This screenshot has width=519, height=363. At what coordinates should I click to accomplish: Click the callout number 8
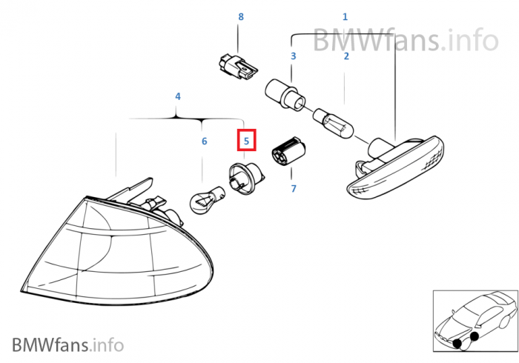pyautogui.click(x=241, y=16)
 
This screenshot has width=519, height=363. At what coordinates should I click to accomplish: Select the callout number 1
pyautogui.click(x=345, y=16)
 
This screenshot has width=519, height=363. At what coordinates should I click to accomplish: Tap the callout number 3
pyautogui.click(x=294, y=56)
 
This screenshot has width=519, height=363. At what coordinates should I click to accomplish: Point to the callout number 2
pyautogui.click(x=346, y=56)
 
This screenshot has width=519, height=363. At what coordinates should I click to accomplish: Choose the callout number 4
pyautogui.click(x=178, y=96)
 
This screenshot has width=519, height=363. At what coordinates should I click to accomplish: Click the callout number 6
pyautogui.click(x=204, y=141)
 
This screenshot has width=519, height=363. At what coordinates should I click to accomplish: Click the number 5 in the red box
pyautogui.click(x=246, y=141)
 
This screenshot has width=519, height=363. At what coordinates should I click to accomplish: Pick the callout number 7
pyautogui.click(x=294, y=188)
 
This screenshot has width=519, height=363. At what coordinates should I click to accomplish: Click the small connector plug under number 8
pyautogui.click(x=238, y=67)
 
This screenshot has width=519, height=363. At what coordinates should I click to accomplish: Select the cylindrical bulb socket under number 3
pyautogui.click(x=285, y=95)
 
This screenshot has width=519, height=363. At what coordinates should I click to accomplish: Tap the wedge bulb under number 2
pyautogui.click(x=334, y=123)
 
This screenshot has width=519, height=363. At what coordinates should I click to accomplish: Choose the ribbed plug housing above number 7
pyautogui.click(x=288, y=153)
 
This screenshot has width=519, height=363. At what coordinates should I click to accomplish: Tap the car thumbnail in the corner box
pyautogui.click(x=476, y=321)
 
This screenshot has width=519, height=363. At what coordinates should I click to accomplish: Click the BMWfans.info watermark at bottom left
pyautogui.click(x=68, y=344)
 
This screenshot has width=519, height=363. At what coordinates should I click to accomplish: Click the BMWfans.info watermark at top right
pyautogui.click(x=406, y=40)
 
